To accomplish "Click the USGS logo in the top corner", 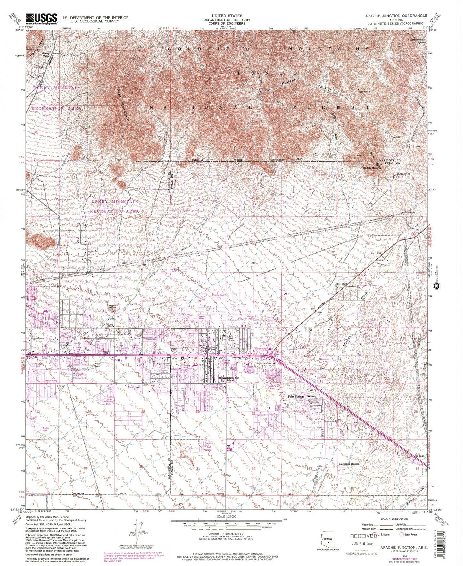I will [41, 18].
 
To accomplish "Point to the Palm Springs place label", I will [294, 396].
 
